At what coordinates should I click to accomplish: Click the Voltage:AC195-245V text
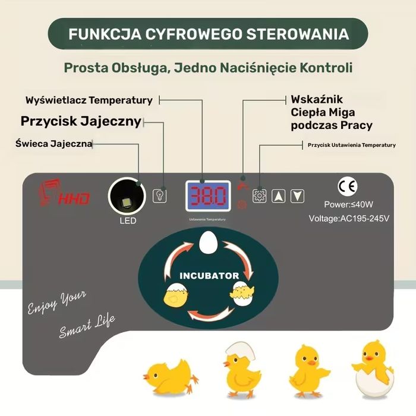click(349, 218)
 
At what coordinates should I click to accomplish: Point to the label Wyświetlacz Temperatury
click(89, 100)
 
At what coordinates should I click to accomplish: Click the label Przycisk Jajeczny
click(81, 121)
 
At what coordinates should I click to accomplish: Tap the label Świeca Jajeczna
click(53, 143)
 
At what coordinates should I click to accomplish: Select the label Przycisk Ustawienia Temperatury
click(352, 145)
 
